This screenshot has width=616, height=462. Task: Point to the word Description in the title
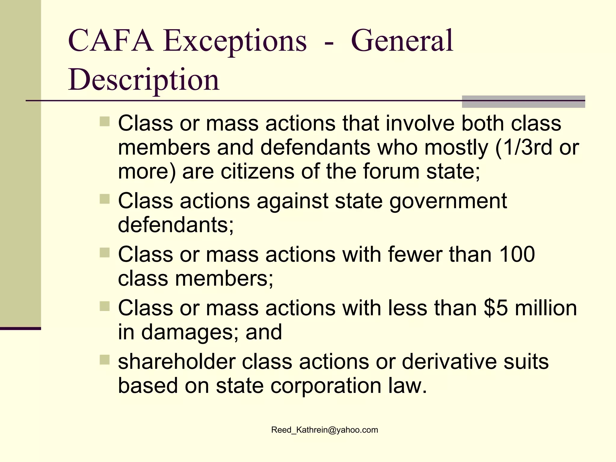pos(144,80)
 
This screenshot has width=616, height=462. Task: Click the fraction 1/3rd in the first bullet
pos(527,147)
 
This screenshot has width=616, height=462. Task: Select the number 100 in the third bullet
pos(517,254)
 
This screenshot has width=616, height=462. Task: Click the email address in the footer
pos(325,430)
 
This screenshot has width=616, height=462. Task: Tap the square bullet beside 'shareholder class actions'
pos(105,360)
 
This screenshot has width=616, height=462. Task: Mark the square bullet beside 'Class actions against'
pos(105,199)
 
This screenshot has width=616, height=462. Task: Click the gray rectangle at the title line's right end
pos(523,102)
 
